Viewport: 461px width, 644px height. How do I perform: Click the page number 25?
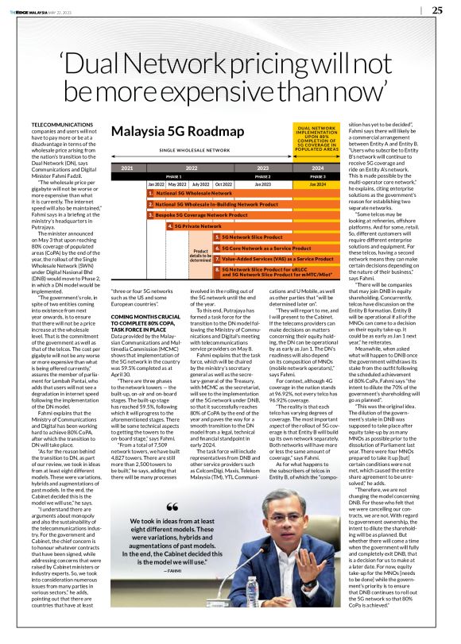pos(437,10)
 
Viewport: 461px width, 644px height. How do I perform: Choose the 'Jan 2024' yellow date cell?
pos(317,184)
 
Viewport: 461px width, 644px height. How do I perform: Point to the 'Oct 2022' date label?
pos(223,184)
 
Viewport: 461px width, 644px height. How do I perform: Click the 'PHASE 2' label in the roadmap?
pos(262,176)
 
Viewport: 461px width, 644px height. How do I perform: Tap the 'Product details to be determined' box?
pos(200,253)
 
